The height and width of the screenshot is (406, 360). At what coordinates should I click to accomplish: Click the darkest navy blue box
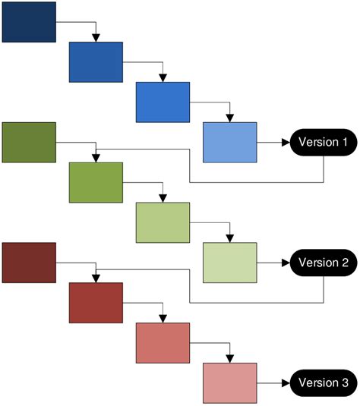click(x=29, y=21)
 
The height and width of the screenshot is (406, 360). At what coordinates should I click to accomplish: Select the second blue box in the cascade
click(x=96, y=61)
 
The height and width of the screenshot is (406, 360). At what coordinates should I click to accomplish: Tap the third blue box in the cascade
click(x=163, y=102)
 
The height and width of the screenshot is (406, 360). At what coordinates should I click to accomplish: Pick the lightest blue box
click(x=230, y=141)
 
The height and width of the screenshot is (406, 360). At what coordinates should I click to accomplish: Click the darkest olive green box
click(x=29, y=141)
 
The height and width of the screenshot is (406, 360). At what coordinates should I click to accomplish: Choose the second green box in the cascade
click(x=96, y=182)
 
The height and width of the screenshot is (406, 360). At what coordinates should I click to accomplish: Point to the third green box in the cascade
click(x=163, y=222)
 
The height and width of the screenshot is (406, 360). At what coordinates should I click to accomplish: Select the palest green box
click(x=230, y=262)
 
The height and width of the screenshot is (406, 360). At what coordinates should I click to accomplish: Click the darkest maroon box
click(x=29, y=262)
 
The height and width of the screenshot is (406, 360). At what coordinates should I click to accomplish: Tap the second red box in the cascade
click(x=96, y=302)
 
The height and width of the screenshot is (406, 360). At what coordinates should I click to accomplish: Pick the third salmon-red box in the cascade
click(x=163, y=342)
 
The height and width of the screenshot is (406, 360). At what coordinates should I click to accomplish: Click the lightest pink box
click(x=230, y=382)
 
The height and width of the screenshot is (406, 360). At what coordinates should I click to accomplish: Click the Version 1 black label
click(x=324, y=142)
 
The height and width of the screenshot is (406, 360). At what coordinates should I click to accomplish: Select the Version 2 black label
click(x=324, y=263)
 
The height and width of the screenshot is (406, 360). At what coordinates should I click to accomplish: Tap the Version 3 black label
click(x=324, y=382)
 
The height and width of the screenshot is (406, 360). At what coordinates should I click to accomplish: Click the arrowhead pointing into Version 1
click(x=286, y=142)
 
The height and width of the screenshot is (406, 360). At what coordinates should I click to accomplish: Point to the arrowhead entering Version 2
click(x=286, y=263)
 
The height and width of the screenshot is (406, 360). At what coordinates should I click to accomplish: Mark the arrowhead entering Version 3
click(x=286, y=382)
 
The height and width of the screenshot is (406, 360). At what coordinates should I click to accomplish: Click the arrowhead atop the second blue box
click(x=96, y=37)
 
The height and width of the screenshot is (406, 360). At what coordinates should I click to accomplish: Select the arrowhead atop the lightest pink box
click(x=230, y=358)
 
